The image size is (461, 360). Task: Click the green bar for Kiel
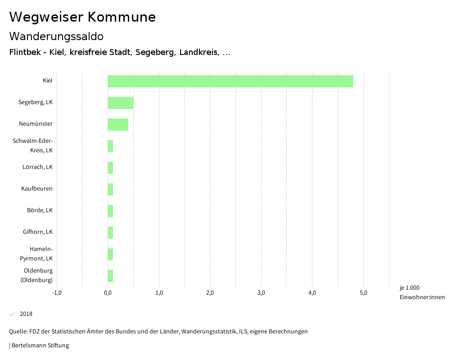[x=230, y=81]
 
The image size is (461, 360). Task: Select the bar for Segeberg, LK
[x=121, y=103]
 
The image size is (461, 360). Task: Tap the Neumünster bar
[x=118, y=124]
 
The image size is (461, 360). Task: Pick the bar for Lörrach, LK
[x=110, y=168]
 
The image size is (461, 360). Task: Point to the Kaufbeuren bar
[x=110, y=189]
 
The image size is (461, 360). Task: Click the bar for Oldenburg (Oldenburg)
[x=110, y=276]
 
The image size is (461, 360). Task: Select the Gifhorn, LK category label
[x=38, y=232]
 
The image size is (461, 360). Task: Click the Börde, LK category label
[x=40, y=210]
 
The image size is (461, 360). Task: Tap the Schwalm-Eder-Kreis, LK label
[x=33, y=146]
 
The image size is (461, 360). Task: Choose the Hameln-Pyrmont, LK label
[x=36, y=254]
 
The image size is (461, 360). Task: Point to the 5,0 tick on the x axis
[x=363, y=293]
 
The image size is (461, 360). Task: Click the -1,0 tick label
[x=57, y=293]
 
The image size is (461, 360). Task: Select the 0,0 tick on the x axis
[x=108, y=293]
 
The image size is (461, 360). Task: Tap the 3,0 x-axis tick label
[x=261, y=293]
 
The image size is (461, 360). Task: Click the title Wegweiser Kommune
[x=82, y=17]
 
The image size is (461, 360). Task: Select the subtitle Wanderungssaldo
[x=56, y=36]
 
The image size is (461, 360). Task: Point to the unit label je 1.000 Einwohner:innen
[x=422, y=292]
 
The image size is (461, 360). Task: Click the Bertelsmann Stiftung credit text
[x=40, y=346]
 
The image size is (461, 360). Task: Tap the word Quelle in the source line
[x=18, y=332]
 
